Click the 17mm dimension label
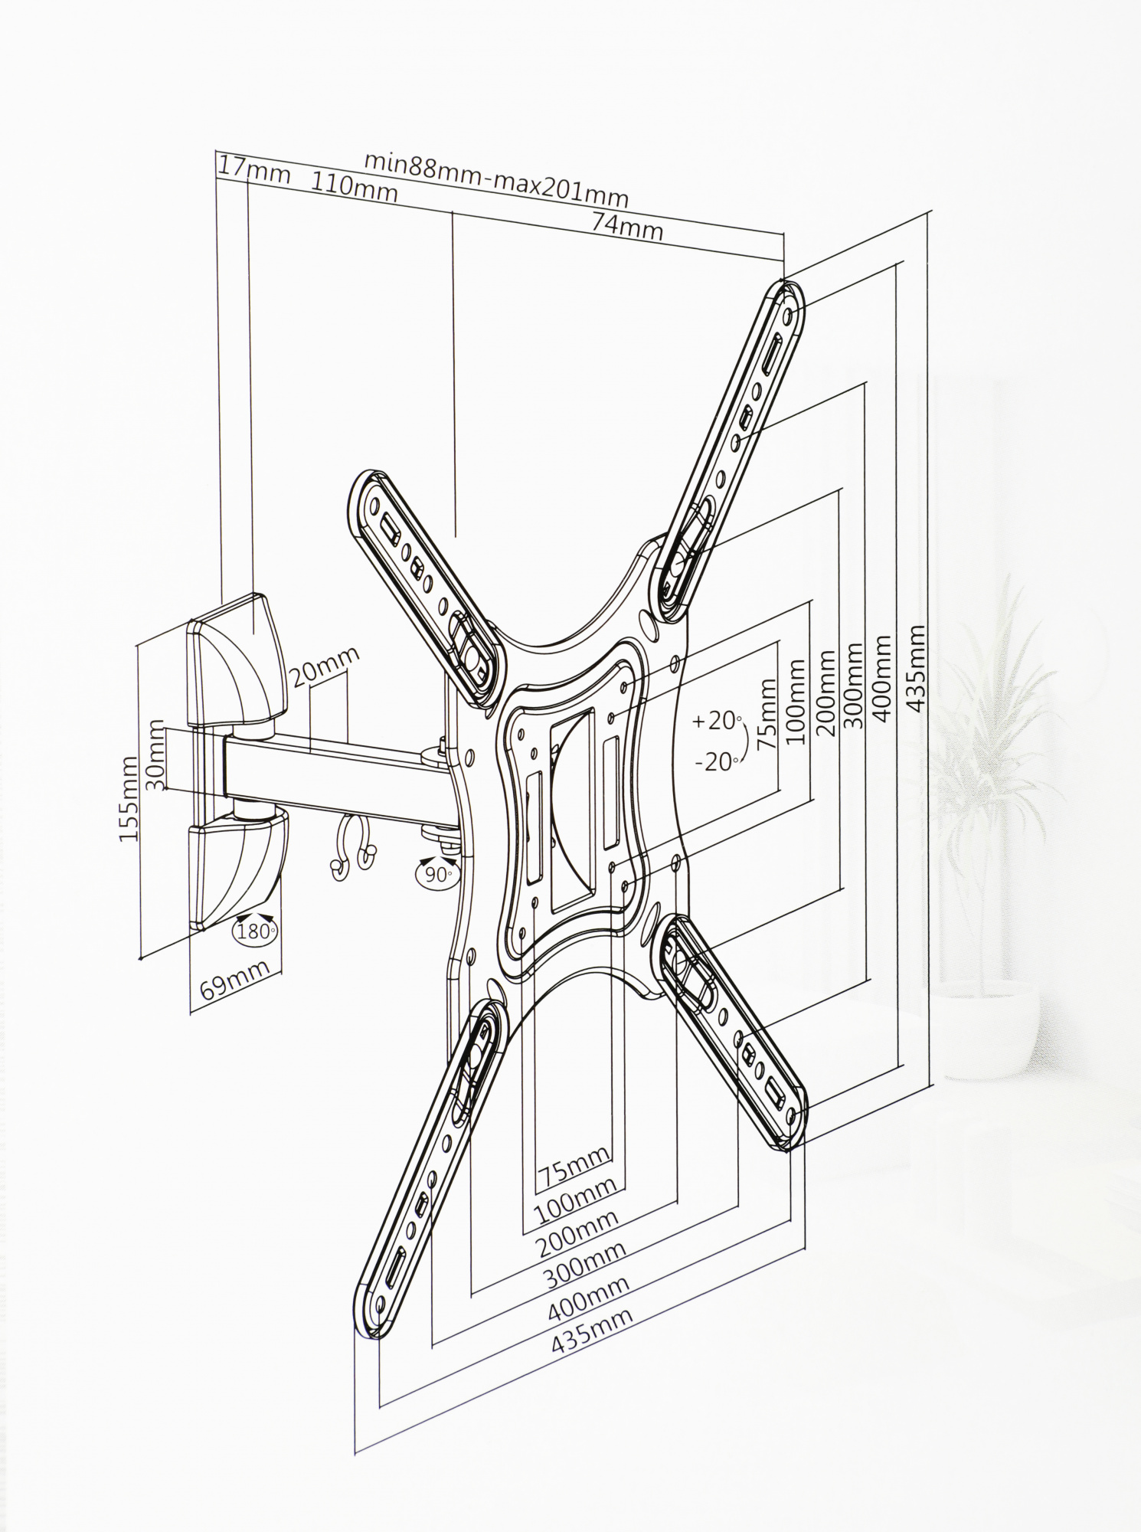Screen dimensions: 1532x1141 [254, 171]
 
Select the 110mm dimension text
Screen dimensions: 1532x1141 [355, 186]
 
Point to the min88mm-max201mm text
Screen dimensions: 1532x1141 [495, 178]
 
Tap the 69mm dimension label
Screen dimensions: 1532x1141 [235, 979]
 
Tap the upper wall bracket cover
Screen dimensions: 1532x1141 [237, 663]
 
